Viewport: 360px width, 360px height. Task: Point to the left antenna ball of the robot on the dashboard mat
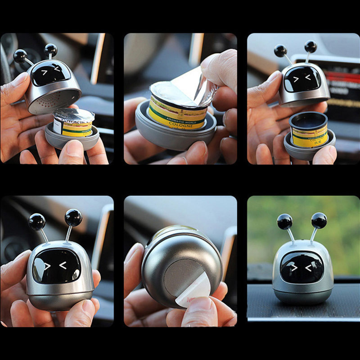[x=284, y=221]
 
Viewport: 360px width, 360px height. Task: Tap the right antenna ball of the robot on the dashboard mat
[x=319, y=220]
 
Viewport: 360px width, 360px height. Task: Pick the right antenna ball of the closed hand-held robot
[x=73, y=218]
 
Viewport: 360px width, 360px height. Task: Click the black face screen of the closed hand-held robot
[x=57, y=266]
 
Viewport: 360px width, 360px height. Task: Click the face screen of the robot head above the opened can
[x=302, y=79]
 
